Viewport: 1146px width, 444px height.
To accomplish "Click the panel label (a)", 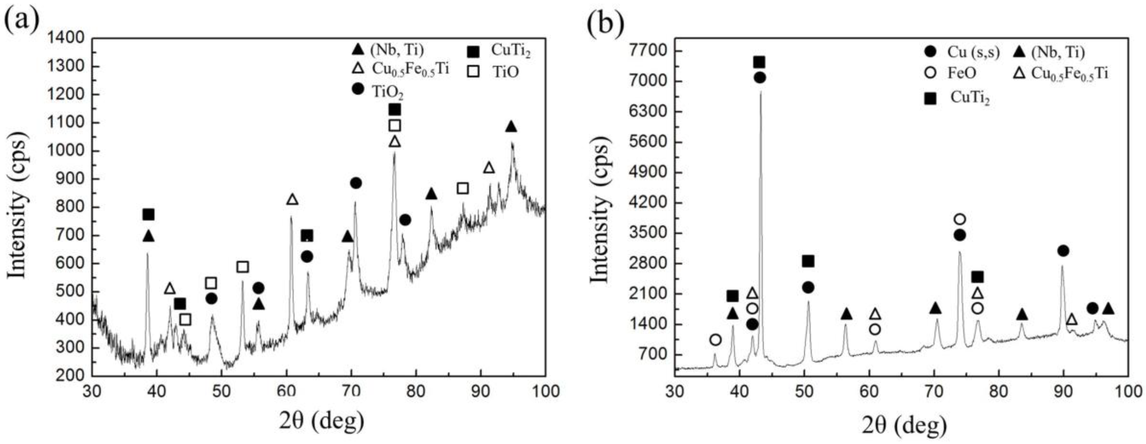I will (22, 20).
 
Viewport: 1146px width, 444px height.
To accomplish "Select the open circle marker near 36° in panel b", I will (715, 340).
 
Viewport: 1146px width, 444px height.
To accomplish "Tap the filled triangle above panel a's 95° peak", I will (511, 127).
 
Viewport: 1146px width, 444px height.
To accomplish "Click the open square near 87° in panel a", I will (463, 188).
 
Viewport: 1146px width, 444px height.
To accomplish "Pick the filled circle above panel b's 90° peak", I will (1063, 251).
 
